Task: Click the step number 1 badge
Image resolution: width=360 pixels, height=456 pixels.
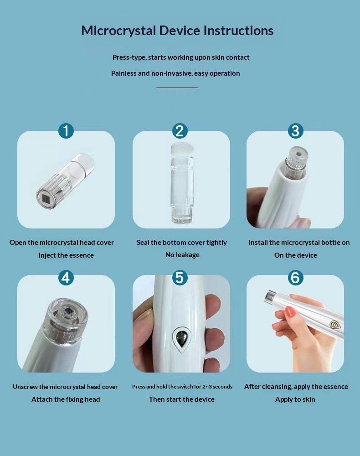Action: (x=66, y=131)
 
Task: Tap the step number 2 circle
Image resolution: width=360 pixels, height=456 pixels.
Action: (x=180, y=131)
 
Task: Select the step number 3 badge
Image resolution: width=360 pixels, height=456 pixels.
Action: (x=295, y=131)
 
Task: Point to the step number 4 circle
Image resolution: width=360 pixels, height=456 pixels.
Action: (x=66, y=278)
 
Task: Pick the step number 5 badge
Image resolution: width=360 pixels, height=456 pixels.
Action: (x=180, y=278)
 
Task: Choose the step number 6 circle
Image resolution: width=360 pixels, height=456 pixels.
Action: (x=295, y=278)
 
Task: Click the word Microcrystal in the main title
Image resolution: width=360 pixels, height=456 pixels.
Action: (x=118, y=31)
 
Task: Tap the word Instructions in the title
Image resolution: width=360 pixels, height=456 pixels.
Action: (x=238, y=31)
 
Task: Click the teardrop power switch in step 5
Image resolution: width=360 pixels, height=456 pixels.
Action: (x=182, y=339)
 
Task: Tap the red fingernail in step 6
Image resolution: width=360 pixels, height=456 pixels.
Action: (x=290, y=312)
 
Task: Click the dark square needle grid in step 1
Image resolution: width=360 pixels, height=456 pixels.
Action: (x=46, y=199)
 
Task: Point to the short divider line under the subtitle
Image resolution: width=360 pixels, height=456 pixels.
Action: (x=177, y=88)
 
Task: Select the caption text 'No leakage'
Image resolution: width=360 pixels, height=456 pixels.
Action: (x=182, y=255)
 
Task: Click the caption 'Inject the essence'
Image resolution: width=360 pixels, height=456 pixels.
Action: (x=66, y=255)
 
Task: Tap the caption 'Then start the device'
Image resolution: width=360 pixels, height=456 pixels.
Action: (x=182, y=399)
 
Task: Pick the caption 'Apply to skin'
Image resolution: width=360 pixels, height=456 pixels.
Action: (x=295, y=399)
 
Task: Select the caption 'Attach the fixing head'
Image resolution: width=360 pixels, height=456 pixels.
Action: (x=66, y=399)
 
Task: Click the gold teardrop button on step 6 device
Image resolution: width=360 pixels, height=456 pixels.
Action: (x=335, y=325)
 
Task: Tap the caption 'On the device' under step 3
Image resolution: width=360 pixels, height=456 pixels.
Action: (x=295, y=255)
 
